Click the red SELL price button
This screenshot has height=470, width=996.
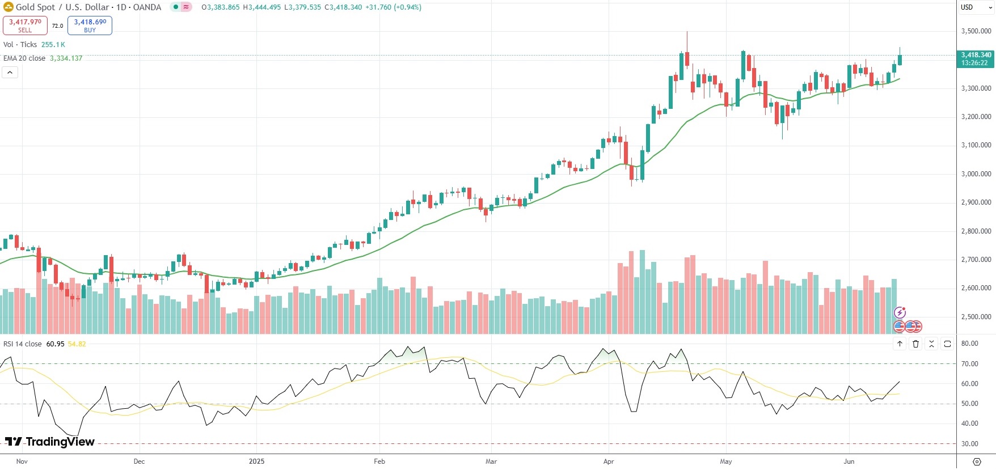coord(25,25)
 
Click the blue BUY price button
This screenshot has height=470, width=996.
coord(90,25)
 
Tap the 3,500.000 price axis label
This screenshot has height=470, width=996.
coord(976,31)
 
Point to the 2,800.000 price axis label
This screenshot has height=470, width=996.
coord(976,231)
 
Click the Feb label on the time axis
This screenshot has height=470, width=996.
coord(379,461)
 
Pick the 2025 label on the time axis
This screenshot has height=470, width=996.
coord(256,461)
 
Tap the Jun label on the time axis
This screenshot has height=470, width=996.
coord(849,461)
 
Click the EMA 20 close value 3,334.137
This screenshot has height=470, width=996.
coord(66,58)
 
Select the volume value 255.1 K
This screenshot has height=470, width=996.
coord(53,45)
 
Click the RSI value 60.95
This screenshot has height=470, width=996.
coord(55,344)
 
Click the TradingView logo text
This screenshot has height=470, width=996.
coord(50,442)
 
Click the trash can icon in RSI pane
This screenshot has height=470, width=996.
coord(915,344)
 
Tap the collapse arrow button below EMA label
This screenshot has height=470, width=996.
coord(10,73)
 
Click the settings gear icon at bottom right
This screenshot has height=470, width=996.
coord(976,461)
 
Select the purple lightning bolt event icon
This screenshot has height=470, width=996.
coord(900,312)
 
